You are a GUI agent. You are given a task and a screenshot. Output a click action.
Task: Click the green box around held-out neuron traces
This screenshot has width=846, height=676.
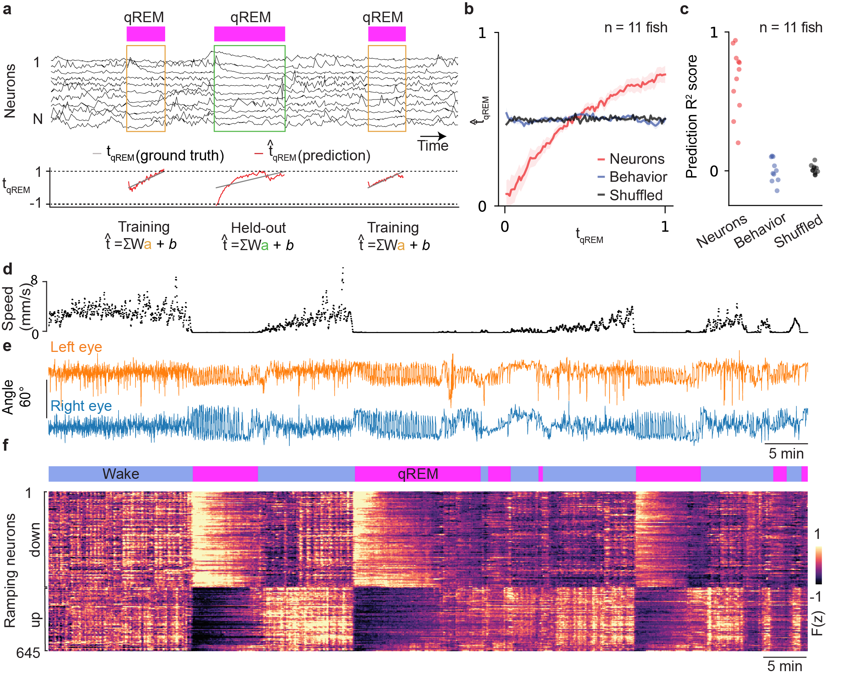pyautogui.click(x=249, y=46)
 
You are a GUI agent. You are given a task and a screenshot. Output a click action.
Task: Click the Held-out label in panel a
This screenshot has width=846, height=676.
pyautogui.click(x=258, y=228)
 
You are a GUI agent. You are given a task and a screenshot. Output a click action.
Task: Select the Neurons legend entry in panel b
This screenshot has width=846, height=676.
pyautogui.click(x=637, y=159)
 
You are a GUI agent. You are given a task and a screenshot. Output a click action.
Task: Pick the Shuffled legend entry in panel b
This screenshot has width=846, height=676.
pyautogui.click(x=636, y=195)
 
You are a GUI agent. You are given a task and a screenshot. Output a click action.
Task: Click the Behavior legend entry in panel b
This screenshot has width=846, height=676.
pyautogui.click(x=638, y=177)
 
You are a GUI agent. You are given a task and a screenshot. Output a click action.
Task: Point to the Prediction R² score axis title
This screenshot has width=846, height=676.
pyautogui.click(x=691, y=116)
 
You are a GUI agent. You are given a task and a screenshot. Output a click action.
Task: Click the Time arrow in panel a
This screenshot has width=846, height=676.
pyautogui.click(x=433, y=137)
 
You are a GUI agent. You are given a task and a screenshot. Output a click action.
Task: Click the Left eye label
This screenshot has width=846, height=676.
pyautogui.click(x=76, y=347)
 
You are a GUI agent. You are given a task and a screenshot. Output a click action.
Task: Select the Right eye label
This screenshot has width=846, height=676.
pyautogui.click(x=81, y=406)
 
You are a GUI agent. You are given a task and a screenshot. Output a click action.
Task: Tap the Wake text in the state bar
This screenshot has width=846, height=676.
pyautogui.click(x=121, y=474)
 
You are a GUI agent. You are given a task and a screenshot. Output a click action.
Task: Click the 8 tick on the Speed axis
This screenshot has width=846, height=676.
pyautogui.click(x=35, y=280)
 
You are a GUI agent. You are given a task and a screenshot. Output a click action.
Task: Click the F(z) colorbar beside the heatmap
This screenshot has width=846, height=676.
pyautogui.click(x=819, y=565)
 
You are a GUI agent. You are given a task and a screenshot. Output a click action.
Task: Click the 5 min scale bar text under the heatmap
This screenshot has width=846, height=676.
pyautogui.click(x=784, y=666)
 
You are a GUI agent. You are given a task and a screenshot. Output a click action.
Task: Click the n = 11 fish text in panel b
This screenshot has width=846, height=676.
pyautogui.click(x=636, y=27)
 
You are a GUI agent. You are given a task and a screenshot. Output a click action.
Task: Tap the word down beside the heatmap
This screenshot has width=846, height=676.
pyautogui.click(x=35, y=540)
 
